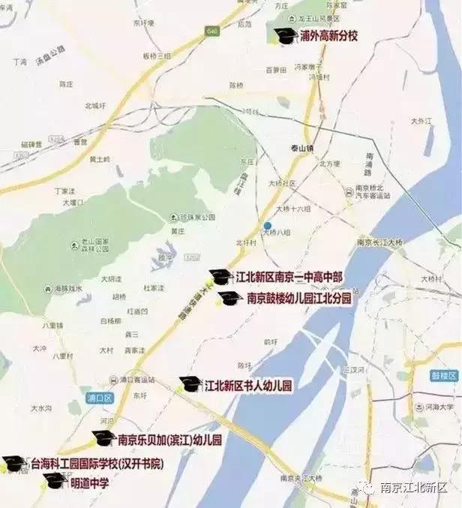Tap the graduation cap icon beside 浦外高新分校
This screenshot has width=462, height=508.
pyautogui.click(x=285, y=35)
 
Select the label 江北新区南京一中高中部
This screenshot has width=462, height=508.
pyautogui.click(x=288, y=277)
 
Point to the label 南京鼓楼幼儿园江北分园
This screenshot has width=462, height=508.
pyautogui.click(x=299, y=298)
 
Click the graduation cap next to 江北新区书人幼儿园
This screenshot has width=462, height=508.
pyautogui.click(x=189, y=386)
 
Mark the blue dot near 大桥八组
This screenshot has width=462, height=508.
pyautogui.click(x=266, y=225)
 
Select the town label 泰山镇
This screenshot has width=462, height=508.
pyautogui.click(x=301, y=148)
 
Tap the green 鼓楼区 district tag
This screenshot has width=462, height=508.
pyautogui.click(x=420, y=371)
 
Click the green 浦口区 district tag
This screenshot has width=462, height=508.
pyautogui.click(x=98, y=398)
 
